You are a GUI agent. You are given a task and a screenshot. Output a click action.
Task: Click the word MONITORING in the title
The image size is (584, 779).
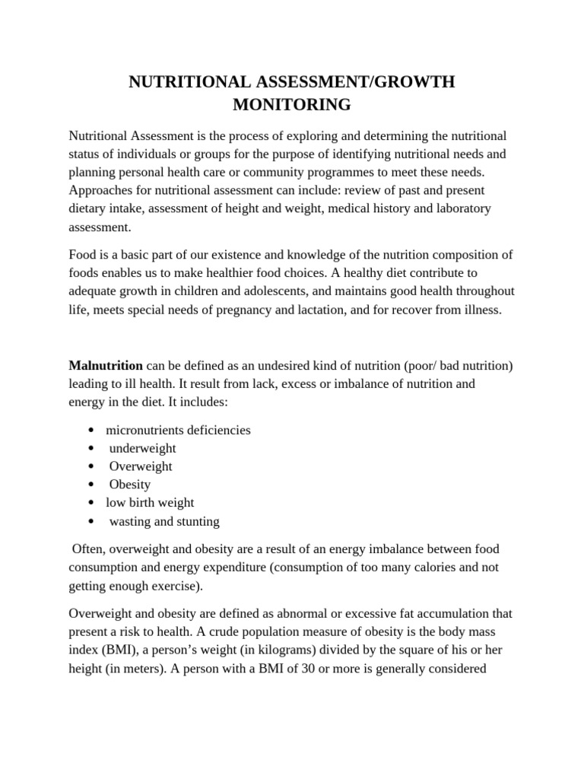click(292, 105)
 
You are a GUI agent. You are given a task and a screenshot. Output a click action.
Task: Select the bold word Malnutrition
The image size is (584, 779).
click(106, 366)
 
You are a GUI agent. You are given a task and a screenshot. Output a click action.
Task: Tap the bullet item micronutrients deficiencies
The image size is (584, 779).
click(178, 430)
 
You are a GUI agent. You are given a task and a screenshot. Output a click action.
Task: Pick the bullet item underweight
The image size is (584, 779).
click(142, 448)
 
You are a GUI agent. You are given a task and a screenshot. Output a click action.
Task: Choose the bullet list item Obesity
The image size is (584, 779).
click(130, 485)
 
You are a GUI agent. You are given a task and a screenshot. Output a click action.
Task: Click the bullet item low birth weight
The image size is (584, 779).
click(150, 503)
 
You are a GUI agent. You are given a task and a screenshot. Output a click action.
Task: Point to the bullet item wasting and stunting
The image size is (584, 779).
click(164, 521)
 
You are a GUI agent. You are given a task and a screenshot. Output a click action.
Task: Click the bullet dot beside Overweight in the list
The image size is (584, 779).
click(91, 466)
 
